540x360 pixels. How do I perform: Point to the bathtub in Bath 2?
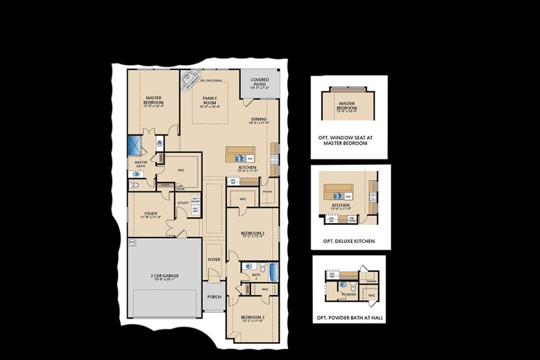coord(273,272)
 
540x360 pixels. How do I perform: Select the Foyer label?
coord(214,260)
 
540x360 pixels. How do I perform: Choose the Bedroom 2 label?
coord(253,234)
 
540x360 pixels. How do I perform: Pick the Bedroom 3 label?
coord(252,319)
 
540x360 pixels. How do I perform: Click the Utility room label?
coord(182,203)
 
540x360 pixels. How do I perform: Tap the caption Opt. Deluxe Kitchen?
coord(349,241)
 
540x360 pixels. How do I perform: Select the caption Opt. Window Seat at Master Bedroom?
coord(349,140)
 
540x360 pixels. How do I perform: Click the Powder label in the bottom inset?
coord(348,295)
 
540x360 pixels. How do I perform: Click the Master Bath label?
coord(141,164)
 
